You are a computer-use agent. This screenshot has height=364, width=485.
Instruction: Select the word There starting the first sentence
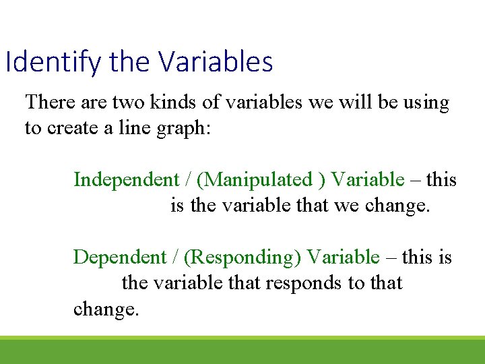tap(49, 102)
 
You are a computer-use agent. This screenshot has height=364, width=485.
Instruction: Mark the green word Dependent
tap(119, 257)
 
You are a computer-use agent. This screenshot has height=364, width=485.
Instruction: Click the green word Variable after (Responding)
tap(343, 257)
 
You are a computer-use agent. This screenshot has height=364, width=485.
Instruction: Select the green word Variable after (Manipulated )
tap(368, 180)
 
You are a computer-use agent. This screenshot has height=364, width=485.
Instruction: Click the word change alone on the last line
tap(105, 309)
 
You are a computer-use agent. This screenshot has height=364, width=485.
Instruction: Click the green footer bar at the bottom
tap(243, 351)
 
